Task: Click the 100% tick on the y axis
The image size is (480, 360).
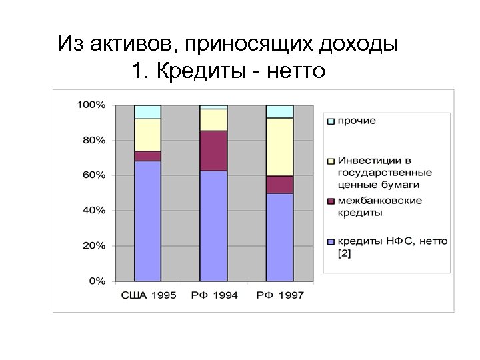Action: pos(91,105)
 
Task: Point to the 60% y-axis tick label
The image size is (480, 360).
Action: pos(93,175)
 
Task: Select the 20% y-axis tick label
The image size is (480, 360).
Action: pos(93,245)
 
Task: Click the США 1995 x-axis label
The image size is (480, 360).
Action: pos(148,295)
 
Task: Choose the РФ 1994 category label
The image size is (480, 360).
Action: pos(214,295)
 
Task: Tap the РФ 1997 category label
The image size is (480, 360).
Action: pos(279,295)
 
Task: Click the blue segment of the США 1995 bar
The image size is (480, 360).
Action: pos(147,220)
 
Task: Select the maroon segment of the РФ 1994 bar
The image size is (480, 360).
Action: pos(213,151)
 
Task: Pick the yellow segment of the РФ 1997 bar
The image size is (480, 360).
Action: pos(279,147)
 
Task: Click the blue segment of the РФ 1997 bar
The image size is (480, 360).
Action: pos(279,237)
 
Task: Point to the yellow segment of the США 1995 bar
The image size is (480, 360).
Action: pos(147,135)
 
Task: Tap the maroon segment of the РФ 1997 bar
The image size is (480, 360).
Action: pos(279,185)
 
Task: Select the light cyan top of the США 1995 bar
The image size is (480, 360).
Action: pos(147,111)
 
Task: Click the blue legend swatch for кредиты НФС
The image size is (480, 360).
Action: pos(331,241)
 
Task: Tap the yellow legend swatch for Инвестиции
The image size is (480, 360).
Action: pos(331,161)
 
